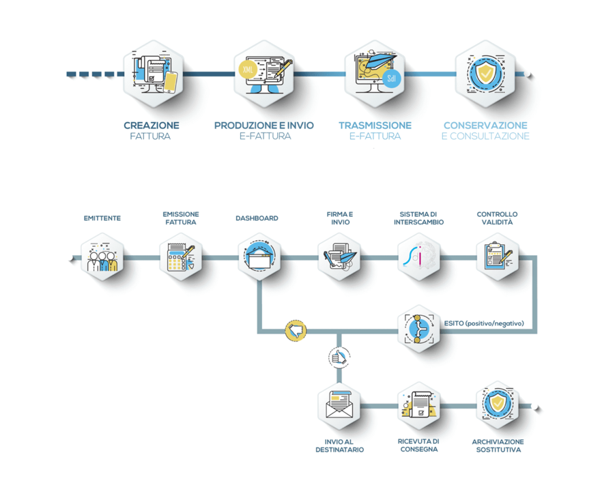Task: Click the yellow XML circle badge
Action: click(248, 70)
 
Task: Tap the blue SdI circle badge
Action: click(391, 78)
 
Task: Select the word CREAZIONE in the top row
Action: click(152, 126)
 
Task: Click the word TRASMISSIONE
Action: click(375, 126)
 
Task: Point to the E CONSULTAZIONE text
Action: click(485, 136)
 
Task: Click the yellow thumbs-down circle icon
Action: click(296, 331)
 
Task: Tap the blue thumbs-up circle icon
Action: click(339, 357)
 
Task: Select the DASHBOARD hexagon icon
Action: click(259, 256)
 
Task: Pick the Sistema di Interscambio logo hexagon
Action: click(418, 256)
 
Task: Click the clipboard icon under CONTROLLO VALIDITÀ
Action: click(498, 256)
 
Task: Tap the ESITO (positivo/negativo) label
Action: click(484, 323)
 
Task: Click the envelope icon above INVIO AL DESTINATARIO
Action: click(339, 405)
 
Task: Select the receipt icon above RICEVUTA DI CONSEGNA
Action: click(418, 405)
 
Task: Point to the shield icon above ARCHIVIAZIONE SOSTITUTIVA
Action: click(498, 405)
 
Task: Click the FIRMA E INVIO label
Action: click(340, 218)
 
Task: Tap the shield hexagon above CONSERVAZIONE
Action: click(485, 74)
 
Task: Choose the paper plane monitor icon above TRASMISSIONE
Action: click(375, 74)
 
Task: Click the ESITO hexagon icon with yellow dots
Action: click(418, 329)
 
